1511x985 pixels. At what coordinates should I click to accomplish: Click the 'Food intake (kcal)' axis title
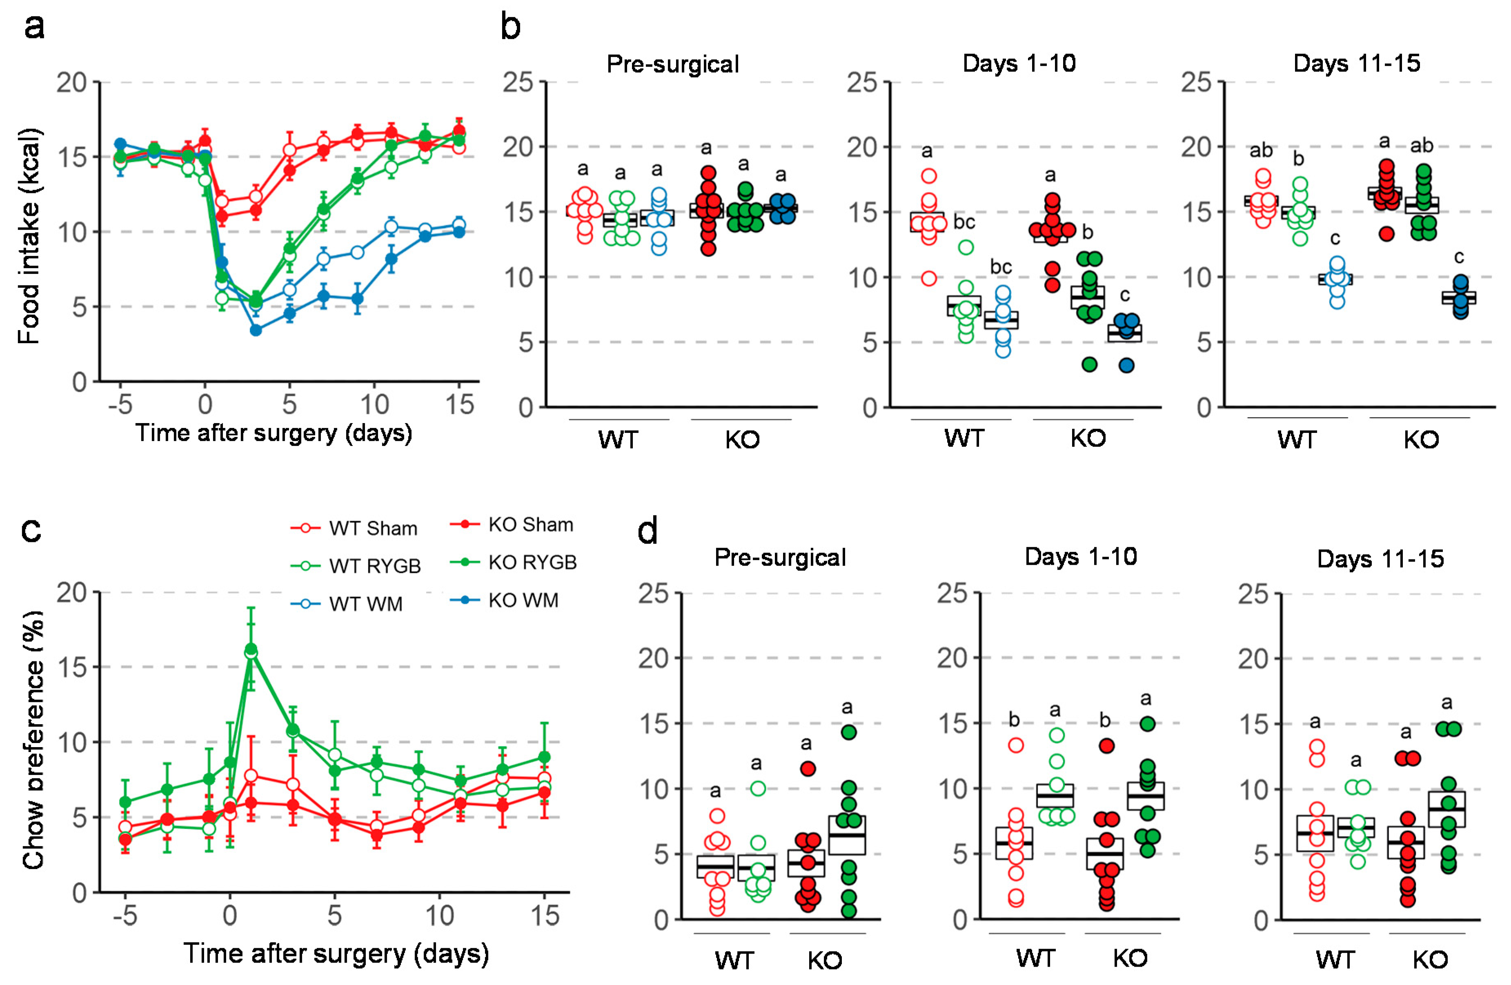pyautogui.click(x=29, y=236)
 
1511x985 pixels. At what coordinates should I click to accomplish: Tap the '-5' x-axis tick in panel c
pyautogui.click(x=125, y=916)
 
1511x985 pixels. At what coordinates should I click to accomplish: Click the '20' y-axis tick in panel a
pyautogui.click(x=71, y=82)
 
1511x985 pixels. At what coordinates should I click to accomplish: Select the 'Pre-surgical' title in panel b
pyautogui.click(x=672, y=64)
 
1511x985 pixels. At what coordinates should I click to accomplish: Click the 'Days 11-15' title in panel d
pyautogui.click(x=1380, y=559)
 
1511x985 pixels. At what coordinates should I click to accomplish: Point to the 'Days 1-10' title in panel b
pyautogui.click(x=1019, y=64)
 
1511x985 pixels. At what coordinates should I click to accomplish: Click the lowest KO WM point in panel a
pyautogui.click(x=256, y=330)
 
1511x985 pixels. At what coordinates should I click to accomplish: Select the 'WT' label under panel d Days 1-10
pyautogui.click(x=1035, y=958)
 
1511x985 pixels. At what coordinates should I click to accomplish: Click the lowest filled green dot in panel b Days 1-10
pyautogui.click(x=1089, y=364)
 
